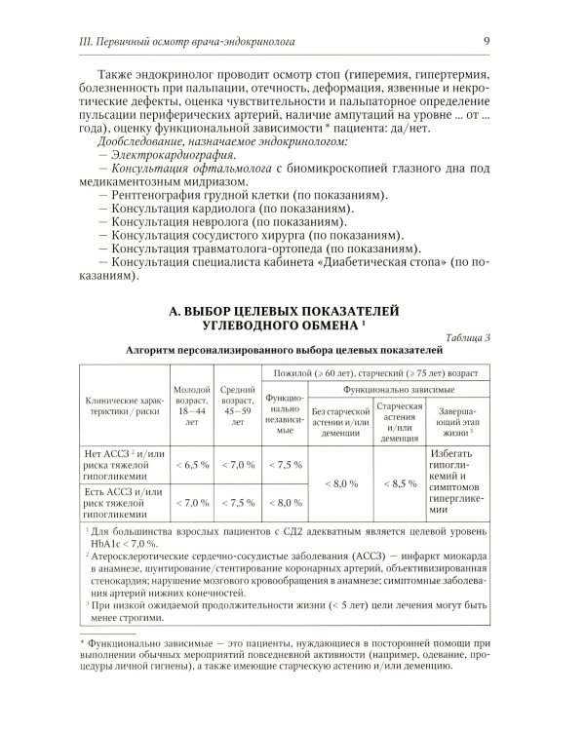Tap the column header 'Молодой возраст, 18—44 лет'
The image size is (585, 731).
tap(192, 406)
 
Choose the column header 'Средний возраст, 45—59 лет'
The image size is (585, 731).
tap(239, 406)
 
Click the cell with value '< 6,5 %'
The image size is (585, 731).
tap(192, 465)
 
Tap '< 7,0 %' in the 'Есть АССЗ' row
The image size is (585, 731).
tap(192, 503)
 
